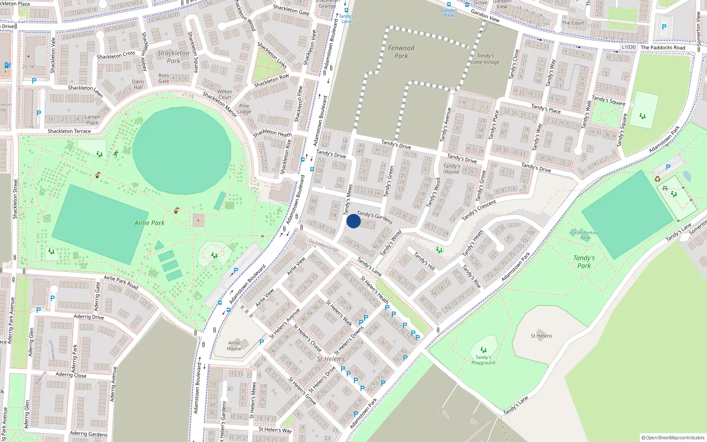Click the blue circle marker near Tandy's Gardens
353,221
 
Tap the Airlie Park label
149,223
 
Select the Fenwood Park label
401,52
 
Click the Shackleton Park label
174,57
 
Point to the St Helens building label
541,336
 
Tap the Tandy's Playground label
483,360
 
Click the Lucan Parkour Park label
585,235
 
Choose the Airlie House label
234,346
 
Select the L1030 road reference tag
628,47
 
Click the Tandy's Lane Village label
485,59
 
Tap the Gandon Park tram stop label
449,13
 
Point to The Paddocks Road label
663,48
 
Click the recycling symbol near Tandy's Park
658,179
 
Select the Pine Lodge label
244,109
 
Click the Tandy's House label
452,169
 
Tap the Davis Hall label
138,84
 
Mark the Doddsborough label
323,245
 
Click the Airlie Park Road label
121,282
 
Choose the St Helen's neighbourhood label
331,359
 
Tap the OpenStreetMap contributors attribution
673,438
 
